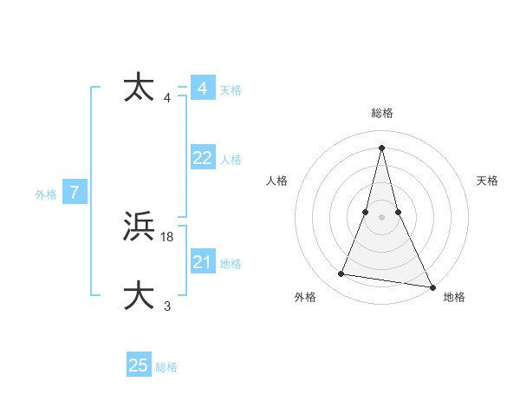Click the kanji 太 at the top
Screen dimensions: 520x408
pyautogui.click(x=140, y=88)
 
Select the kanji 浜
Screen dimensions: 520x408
pyautogui.click(x=140, y=227)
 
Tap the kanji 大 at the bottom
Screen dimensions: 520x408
pyautogui.click(x=140, y=295)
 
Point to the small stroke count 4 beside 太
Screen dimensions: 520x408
pyautogui.click(x=167, y=98)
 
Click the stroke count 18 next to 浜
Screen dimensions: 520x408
pyautogui.click(x=167, y=237)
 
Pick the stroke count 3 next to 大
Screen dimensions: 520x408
pyautogui.click(x=167, y=306)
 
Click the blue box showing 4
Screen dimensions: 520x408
pyautogui.click(x=203, y=89)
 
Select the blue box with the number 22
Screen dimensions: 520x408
pyautogui.click(x=203, y=158)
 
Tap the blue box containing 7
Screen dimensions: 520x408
pyautogui.click(x=75, y=194)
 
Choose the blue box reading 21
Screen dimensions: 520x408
pyautogui.click(x=203, y=262)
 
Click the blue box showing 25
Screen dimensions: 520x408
pyautogui.click(x=139, y=365)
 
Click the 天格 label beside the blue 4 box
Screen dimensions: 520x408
pyautogui.click(x=231, y=89)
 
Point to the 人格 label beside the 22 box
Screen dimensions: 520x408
pyautogui.click(x=231, y=159)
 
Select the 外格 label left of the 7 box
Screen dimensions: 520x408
pyautogui.click(x=46, y=194)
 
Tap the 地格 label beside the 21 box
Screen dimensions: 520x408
pyautogui.click(x=231, y=263)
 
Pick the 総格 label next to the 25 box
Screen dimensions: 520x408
pyautogui.click(x=166, y=366)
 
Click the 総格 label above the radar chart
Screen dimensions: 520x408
pyautogui.click(x=382, y=113)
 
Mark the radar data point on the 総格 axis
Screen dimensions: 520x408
pyautogui.click(x=382, y=147)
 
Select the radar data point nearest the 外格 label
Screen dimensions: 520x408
pyautogui.click(x=341, y=274)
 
